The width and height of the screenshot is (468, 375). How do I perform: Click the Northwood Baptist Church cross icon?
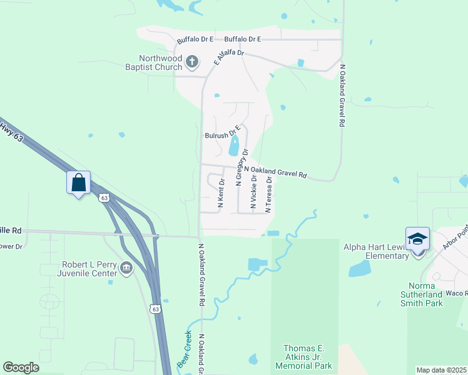(x=192, y=62)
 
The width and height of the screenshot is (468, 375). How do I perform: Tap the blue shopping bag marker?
(x=79, y=183)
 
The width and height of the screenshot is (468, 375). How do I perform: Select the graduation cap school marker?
(x=417, y=239)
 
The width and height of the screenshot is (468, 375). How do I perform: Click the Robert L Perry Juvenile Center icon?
(x=127, y=269)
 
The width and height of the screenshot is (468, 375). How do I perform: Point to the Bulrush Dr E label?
(x=223, y=134)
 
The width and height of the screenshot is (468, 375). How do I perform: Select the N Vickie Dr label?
(x=253, y=192)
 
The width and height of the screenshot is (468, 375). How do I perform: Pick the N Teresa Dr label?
(x=268, y=194)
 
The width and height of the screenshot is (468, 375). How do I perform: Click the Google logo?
(x=21, y=367)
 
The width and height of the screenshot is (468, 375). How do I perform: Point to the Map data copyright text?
(x=442, y=370)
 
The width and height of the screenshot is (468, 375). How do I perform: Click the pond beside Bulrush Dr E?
(x=234, y=147)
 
